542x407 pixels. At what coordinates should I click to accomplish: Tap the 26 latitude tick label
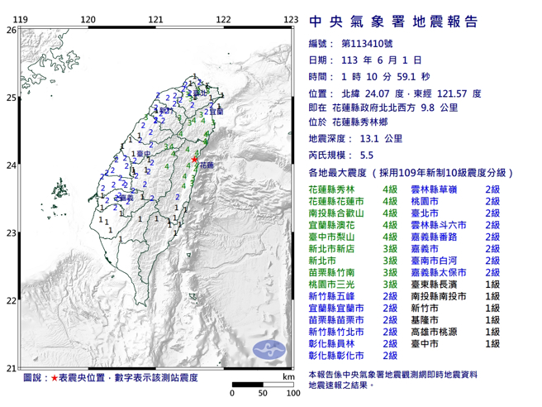[x=10, y=30]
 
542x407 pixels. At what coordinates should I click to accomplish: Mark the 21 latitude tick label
[x=10, y=368]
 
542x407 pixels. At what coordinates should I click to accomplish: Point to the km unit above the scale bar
[x=286, y=377]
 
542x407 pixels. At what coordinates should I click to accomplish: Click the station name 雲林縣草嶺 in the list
[x=434, y=189]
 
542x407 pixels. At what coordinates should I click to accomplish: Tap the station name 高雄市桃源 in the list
[x=434, y=331]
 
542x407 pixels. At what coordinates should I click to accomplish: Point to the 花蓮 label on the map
[x=206, y=165]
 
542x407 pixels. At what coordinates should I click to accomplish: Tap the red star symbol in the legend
[x=55, y=377]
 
